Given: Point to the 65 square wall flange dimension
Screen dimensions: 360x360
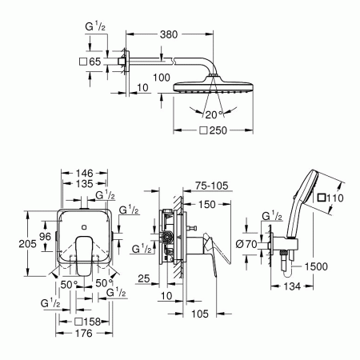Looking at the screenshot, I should click(x=96, y=61).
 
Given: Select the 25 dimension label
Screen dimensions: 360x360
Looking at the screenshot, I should click(x=143, y=278).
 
